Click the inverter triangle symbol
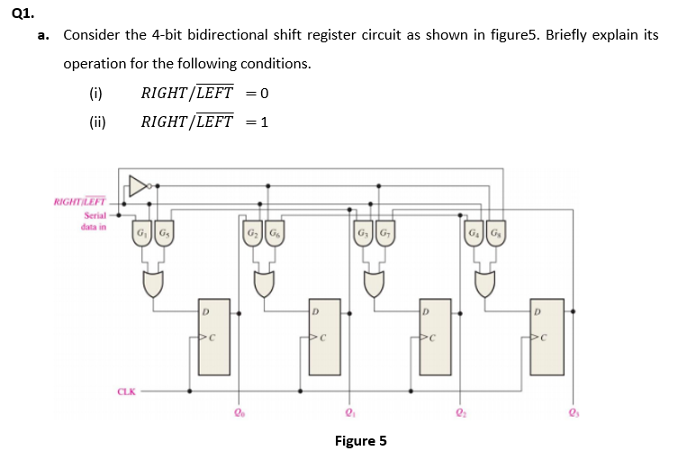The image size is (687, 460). tap(138, 186)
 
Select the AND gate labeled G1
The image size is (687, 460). tap(142, 236)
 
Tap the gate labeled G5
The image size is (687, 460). tap(163, 236)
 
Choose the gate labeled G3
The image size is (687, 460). tap(364, 236)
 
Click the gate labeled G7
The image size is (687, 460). tap(384, 236)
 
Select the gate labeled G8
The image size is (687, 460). tap(495, 236)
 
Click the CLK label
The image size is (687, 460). tap(126, 392)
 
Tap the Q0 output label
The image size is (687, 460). tap(238, 414)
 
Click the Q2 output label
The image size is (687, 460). tap(459, 414)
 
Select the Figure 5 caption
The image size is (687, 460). tap(360, 440)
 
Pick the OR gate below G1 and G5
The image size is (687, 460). tap(152, 285)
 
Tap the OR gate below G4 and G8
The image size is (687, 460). tap(484, 285)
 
